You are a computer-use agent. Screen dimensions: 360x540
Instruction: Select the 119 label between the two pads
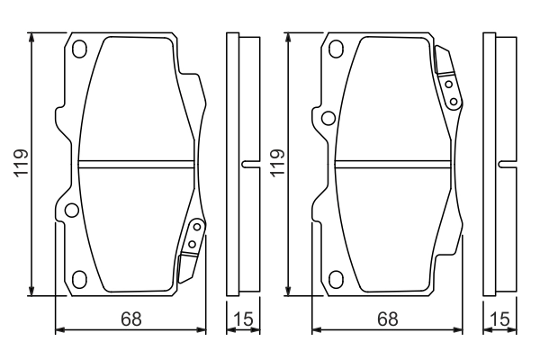277,164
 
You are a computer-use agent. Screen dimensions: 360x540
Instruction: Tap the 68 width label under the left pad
130,318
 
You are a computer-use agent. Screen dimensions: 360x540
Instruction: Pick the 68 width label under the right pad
387,318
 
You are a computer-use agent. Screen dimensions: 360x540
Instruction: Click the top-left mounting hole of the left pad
79,49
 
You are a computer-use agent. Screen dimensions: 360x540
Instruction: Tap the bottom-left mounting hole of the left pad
79,278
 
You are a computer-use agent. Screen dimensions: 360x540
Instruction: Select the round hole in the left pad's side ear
70,211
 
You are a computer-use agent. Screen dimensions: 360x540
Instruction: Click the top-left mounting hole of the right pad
336,49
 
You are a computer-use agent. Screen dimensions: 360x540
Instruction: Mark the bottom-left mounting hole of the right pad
336,278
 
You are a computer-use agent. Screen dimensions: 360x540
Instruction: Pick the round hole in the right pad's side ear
328,116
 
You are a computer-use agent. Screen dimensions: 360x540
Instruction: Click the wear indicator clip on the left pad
192,245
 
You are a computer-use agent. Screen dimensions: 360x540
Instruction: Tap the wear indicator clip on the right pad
447,81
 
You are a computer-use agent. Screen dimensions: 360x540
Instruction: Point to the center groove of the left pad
136,163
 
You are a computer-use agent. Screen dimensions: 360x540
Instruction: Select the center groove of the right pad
392,163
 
